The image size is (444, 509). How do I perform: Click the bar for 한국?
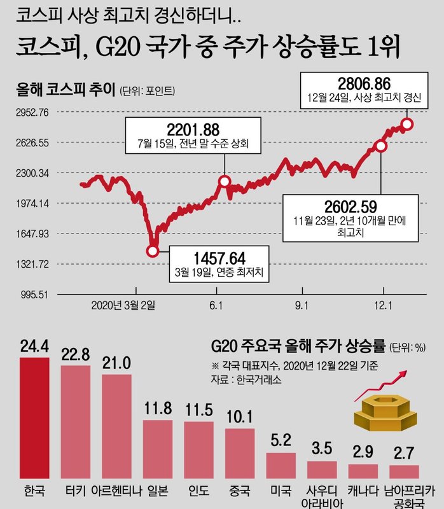tap(34, 418)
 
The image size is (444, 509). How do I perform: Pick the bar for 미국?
tap(281, 466)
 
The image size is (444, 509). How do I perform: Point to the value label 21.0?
tap(116, 363)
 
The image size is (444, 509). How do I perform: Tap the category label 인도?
tap(198, 491)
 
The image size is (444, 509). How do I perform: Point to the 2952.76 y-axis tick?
tap(31, 113)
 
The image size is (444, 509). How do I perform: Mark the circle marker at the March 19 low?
tap(153, 251)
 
